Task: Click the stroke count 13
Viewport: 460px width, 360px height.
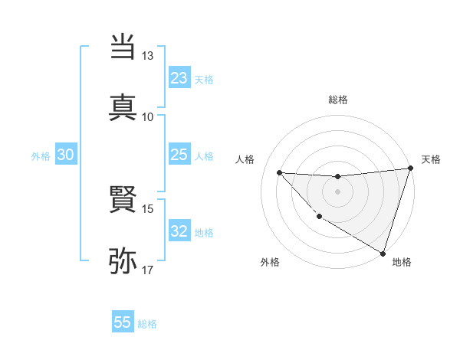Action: coord(148,56)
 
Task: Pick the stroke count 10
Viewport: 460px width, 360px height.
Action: coord(148,116)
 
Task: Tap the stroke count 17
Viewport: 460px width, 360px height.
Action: coord(148,270)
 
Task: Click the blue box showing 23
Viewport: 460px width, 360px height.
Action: coord(179,78)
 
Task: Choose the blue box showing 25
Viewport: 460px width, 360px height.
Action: coord(179,155)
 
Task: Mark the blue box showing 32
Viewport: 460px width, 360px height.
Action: coord(179,231)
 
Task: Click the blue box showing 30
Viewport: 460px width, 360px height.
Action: coord(66,155)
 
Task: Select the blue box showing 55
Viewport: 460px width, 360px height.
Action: coord(123,322)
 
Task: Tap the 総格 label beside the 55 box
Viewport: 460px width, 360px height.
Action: coord(147,324)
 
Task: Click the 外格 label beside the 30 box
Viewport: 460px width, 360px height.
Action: coord(41,156)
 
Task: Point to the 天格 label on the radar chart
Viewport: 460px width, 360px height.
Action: coord(431,159)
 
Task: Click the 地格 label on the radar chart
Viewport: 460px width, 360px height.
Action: coord(402,262)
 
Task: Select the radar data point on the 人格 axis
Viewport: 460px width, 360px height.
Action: coord(279,172)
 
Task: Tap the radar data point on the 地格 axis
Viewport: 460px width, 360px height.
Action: coord(383,253)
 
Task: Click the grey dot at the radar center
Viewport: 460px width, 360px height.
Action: coord(337,191)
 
